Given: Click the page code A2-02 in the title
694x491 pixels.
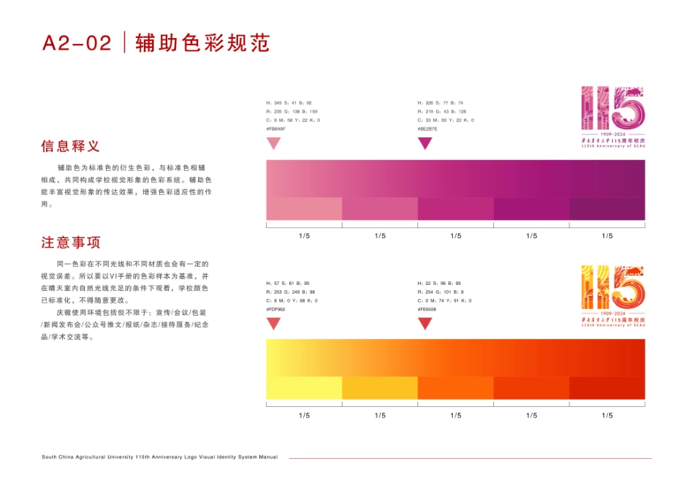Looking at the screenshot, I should click(77, 43).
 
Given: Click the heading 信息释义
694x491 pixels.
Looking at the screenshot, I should click(71, 146).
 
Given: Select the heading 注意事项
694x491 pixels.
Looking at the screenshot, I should click(71, 243).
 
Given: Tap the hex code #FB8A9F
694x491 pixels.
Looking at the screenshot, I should click(276, 129).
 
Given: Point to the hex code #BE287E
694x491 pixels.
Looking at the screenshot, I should click(427, 129).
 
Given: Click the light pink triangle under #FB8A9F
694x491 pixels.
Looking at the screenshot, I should click(273, 143).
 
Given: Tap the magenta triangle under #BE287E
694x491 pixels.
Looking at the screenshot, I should click(424, 143).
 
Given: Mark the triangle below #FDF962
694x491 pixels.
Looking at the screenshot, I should click(273, 323).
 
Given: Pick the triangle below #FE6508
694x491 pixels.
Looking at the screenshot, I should click(424, 323).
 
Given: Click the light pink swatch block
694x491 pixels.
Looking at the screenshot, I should click(304, 209).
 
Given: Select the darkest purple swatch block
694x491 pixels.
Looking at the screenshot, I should click(607, 209).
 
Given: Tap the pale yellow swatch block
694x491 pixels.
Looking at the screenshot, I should click(304, 388).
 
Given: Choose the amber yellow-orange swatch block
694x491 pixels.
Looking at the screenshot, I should click(380, 388).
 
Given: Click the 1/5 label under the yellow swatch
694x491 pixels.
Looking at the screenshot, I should click(305, 416).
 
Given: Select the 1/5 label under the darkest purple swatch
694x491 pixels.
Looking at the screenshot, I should click(607, 236).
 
